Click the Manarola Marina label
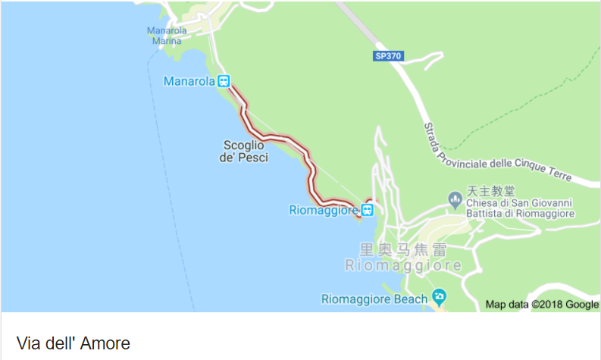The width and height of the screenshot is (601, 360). pos(167,36)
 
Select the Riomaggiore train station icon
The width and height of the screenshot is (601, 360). pos(367,210)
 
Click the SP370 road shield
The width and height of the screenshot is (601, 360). pos(389,56)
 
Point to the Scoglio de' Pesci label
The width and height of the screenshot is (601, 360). pos(243,151)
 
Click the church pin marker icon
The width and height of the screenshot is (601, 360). pos(455,200)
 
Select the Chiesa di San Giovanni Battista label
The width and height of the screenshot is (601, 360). pos(520,208)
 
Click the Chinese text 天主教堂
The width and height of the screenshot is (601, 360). pos(490,191)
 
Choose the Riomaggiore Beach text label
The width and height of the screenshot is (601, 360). pos(374,299)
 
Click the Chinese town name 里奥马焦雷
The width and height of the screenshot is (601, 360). pos(402,249)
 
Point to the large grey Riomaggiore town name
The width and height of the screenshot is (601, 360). pos(403,266)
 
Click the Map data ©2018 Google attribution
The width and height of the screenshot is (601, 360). pos(542,305)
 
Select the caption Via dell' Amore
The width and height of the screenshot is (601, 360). pos(73,343)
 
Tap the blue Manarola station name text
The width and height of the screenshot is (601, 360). pos(189,81)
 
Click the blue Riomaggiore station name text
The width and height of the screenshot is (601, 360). pos(324,210)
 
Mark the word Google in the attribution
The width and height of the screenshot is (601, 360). pos(581,305)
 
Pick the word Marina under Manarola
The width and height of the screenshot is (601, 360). pos(167,41)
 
